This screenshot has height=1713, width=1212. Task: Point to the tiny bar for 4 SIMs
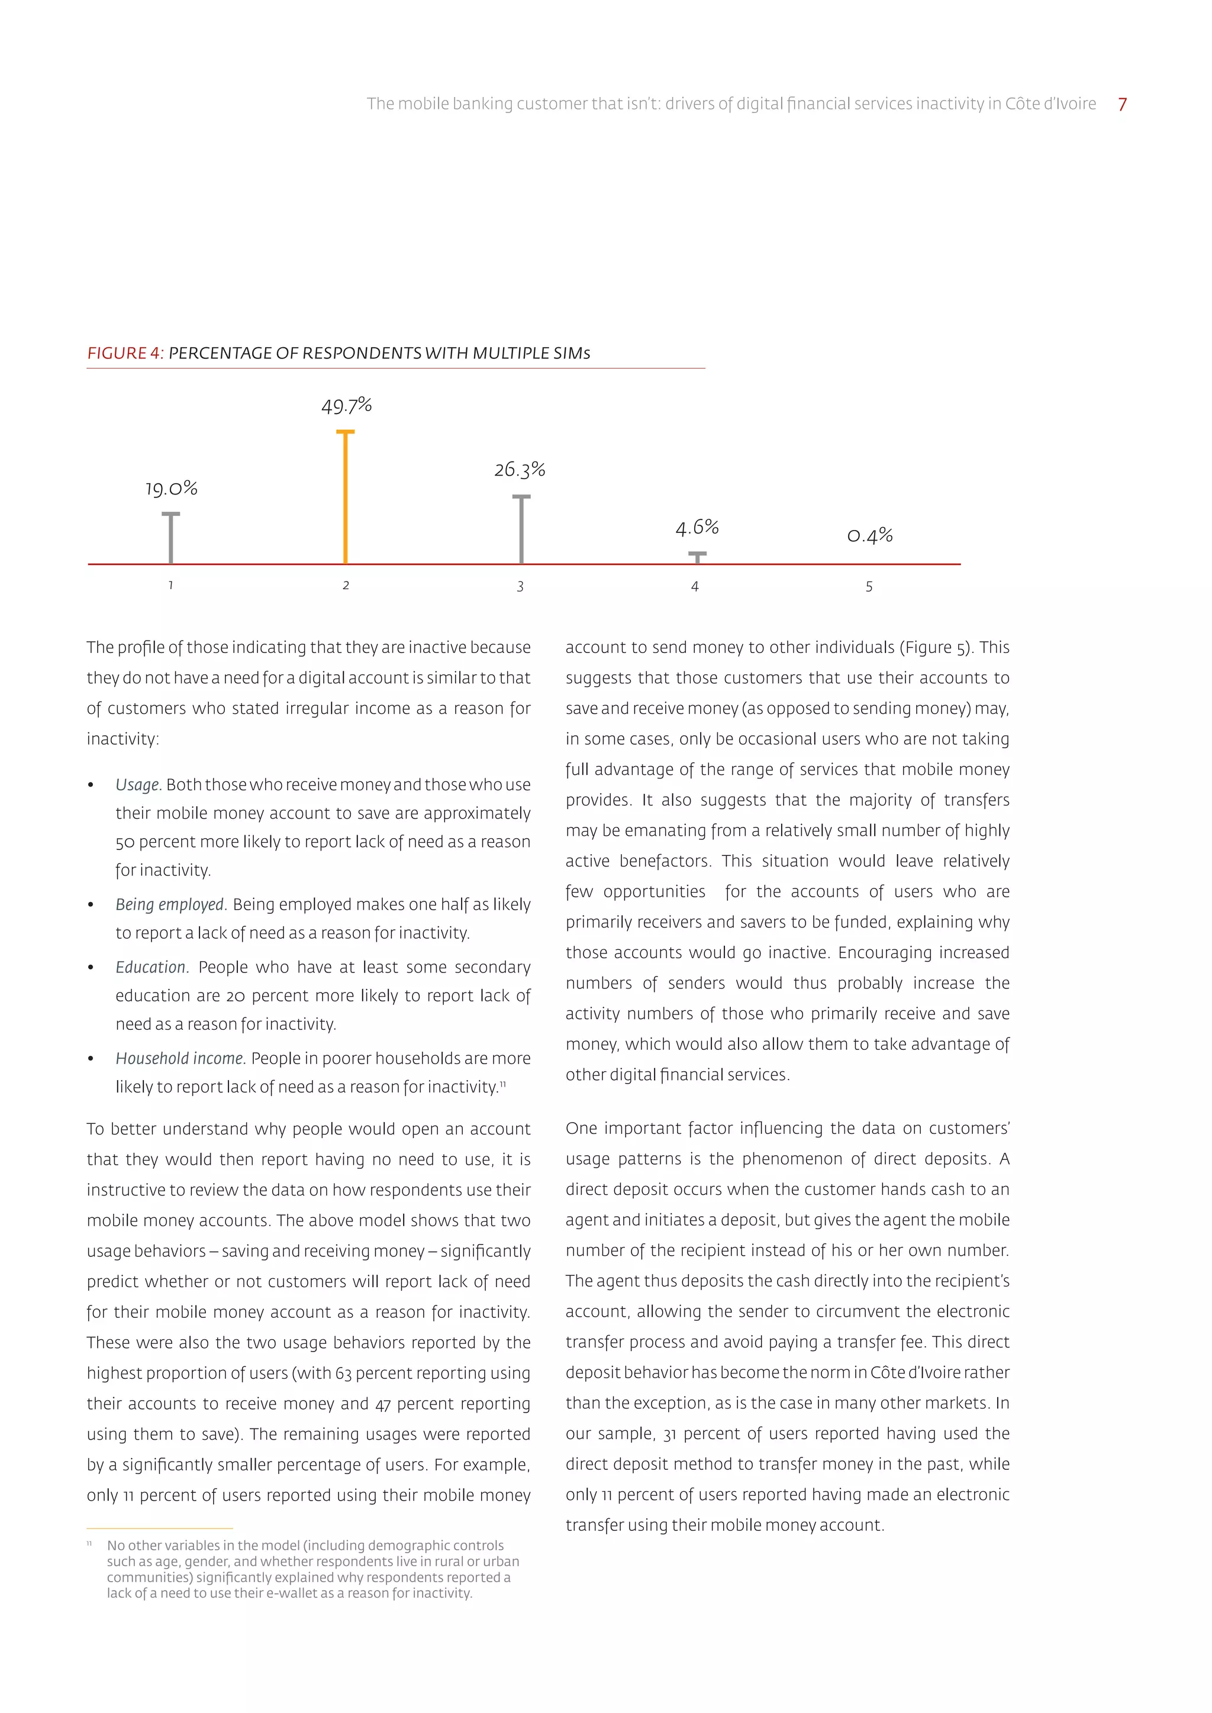[x=697, y=557]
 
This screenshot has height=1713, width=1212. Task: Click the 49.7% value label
[x=346, y=406]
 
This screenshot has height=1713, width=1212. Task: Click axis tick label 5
[x=869, y=587]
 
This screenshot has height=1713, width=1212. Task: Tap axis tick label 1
[x=171, y=586]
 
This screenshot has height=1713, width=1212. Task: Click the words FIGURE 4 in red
[x=124, y=354]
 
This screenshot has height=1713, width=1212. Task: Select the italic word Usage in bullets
[x=137, y=785]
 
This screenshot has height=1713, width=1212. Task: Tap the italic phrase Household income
[x=180, y=1058]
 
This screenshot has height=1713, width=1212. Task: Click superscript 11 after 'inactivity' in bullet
[x=503, y=1083]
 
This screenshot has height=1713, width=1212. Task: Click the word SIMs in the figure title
[x=571, y=354]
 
